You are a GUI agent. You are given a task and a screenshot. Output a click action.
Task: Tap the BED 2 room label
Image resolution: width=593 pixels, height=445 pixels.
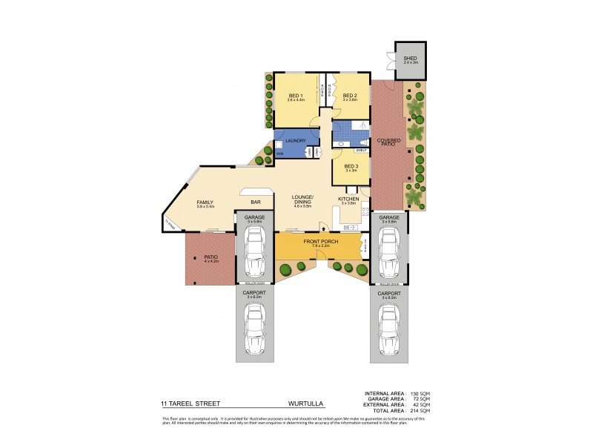[350, 96]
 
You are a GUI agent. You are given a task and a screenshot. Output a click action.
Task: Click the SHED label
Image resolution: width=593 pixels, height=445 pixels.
[410, 59]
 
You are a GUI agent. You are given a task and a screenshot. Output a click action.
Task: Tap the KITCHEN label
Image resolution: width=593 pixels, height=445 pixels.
[349, 200]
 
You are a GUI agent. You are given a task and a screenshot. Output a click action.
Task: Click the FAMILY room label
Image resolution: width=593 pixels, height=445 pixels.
[205, 202]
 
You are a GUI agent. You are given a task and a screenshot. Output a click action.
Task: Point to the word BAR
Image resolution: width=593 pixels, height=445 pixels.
[255, 201]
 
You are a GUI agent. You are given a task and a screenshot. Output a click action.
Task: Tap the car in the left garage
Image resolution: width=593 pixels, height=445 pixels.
[255, 250]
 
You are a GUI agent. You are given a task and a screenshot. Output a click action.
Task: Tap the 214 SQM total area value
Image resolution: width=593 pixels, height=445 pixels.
[420, 410]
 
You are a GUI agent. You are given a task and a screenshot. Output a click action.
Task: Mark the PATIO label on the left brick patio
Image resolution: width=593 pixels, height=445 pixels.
[211, 257]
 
